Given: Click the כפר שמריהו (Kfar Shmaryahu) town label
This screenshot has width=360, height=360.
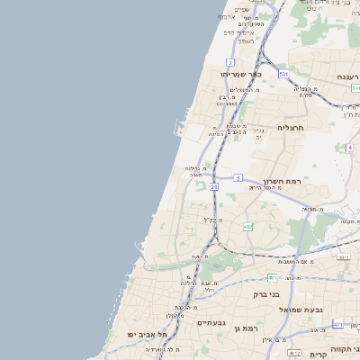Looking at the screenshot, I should tap(239, 74).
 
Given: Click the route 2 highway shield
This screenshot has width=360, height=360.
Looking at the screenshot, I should tap(230, 62).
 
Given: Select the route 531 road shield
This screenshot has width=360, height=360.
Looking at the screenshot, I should tap(283, 74).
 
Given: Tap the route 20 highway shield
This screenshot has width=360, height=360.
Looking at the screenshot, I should tap(214, 186).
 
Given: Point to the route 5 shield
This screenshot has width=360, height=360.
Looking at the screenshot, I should tap(238, 178).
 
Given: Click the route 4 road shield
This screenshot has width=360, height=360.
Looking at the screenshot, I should tap(348, 147).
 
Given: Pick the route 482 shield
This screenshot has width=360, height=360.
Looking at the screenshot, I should tap(247, 227).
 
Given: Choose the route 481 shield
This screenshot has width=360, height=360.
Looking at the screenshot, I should tap(272, 278).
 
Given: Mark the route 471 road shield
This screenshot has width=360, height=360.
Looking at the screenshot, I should tap(338, 323).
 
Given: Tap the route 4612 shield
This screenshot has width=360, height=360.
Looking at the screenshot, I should tap(294, 354).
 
